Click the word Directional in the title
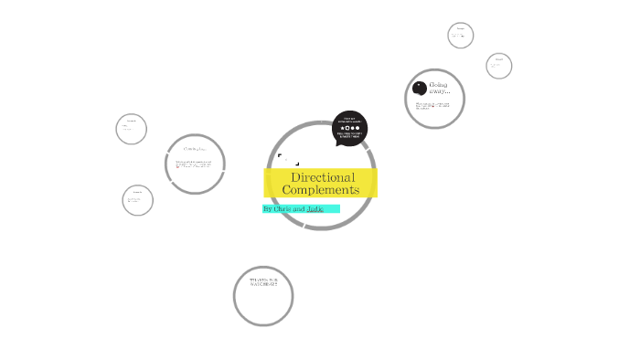click(322, 177)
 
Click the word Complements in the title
click(321, 190)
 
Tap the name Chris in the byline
click(284, 209)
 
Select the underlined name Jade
click(315, 209)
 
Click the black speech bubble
click(350, 129)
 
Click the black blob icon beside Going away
click(420, 89)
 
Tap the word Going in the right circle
click(438, 85)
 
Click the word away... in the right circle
click(440, 92)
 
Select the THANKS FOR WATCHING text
click(263, 282)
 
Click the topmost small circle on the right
click(461, 36)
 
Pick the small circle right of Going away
click(499, 66)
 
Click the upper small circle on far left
click(132, 129)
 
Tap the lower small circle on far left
click(137, 200)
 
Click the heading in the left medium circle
click(195, 149)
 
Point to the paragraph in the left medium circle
click(196, 165)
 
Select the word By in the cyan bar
click(268, 209)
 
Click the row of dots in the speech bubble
click(351, 128)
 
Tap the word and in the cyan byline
click(300, 209)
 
